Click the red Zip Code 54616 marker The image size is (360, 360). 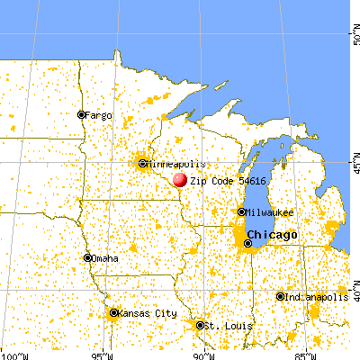[x=180, y=180]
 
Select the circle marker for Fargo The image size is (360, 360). [x=81, y=114]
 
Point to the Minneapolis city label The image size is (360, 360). [x=176, y=165]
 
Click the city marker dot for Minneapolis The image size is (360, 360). [x=143, y=164]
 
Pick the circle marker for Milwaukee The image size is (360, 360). [x=241, y=211]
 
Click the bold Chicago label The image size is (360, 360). [x=277, y=234]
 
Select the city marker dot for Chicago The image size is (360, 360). [x=248, y=243]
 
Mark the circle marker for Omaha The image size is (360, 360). [x=87, y=258]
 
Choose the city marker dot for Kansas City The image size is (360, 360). [x=113, y=313]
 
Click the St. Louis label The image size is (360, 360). [x=221, y=325]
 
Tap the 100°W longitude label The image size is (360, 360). [x=9, y=353]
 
